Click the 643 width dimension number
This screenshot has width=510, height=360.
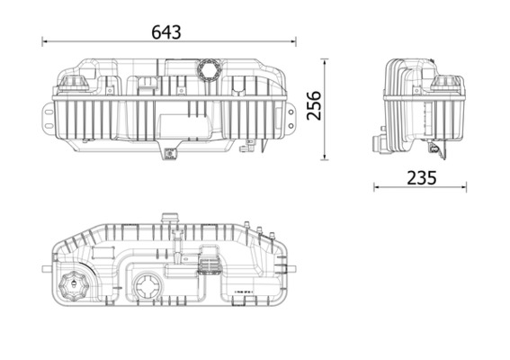166,32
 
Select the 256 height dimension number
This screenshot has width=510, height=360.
314,106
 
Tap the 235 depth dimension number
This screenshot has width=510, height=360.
422,178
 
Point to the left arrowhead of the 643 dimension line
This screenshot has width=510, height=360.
45,41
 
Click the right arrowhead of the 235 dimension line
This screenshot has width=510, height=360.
463,187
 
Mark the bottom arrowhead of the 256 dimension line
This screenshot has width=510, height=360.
325,157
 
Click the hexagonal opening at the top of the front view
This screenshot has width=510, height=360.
209,69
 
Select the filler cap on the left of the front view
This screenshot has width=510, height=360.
74,84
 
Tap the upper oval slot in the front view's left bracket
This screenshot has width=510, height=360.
49,112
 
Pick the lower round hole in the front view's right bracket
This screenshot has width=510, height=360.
291,126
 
